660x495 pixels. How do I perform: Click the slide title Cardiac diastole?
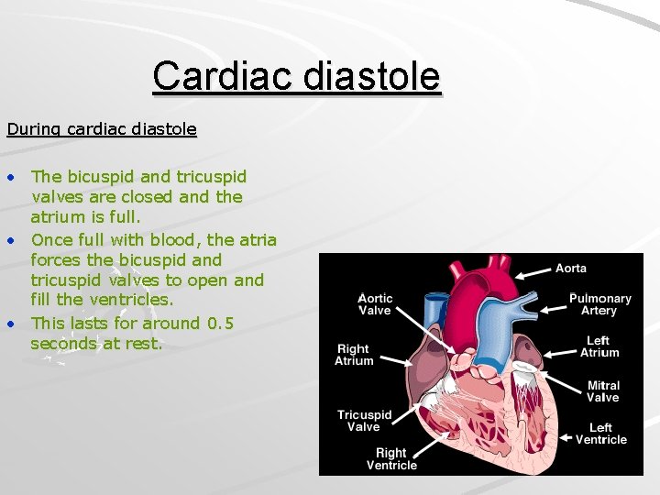coord(296,76)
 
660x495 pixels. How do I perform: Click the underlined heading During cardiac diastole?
coord(102,129)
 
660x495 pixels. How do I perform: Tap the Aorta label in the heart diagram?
coord(570,268)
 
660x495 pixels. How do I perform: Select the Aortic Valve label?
coord(374,304)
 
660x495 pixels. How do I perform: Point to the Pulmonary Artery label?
coord(599,304)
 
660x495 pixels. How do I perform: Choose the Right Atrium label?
coord(354,355)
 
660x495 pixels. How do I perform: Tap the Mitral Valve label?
coord(602,391)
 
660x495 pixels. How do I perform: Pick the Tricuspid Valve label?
coord(364,421)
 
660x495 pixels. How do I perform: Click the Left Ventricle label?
coord(600,434)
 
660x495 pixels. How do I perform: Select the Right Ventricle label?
coord(391,458)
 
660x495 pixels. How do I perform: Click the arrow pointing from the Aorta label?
coord(533,271)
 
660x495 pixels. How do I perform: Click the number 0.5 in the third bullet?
coord(220,323)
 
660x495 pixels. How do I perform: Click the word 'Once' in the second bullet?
coord(50,240)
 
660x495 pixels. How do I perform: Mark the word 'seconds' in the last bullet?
coord(63,344)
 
